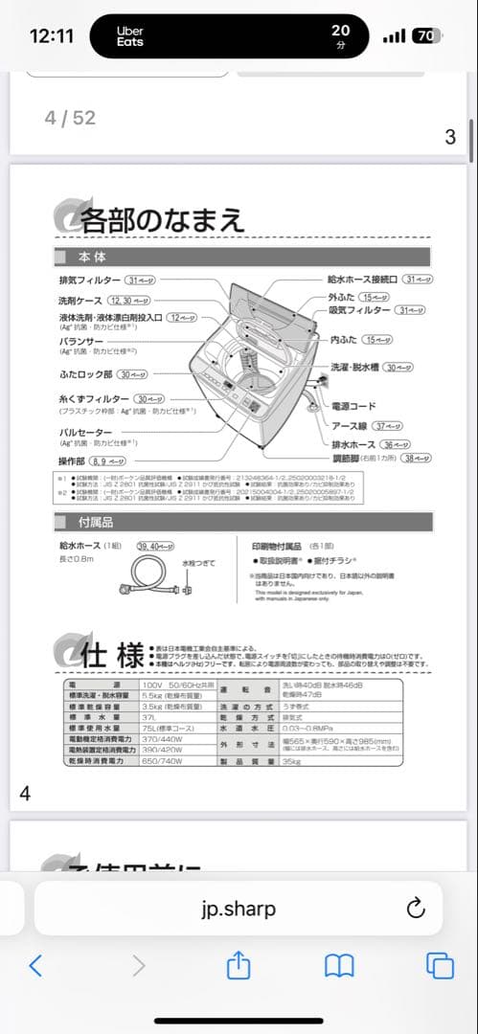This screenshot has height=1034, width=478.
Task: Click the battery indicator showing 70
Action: click(427, 36)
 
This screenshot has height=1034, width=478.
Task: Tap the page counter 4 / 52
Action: click(70, 118)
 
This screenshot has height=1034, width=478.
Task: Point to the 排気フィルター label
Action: click(89, 280)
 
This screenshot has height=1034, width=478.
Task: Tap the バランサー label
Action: click(81, 342)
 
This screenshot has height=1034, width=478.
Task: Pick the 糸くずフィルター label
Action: click(94, 398)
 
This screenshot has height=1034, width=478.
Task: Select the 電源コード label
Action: click(354, 406)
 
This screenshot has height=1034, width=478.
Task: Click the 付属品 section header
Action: click(95, 522)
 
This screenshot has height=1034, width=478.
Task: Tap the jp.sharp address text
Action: click(239, 909)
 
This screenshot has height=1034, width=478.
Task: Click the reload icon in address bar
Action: click(415, 909)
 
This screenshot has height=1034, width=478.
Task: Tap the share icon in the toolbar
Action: click(239, 966)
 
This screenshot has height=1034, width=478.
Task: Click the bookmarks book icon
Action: click(339, 966)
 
